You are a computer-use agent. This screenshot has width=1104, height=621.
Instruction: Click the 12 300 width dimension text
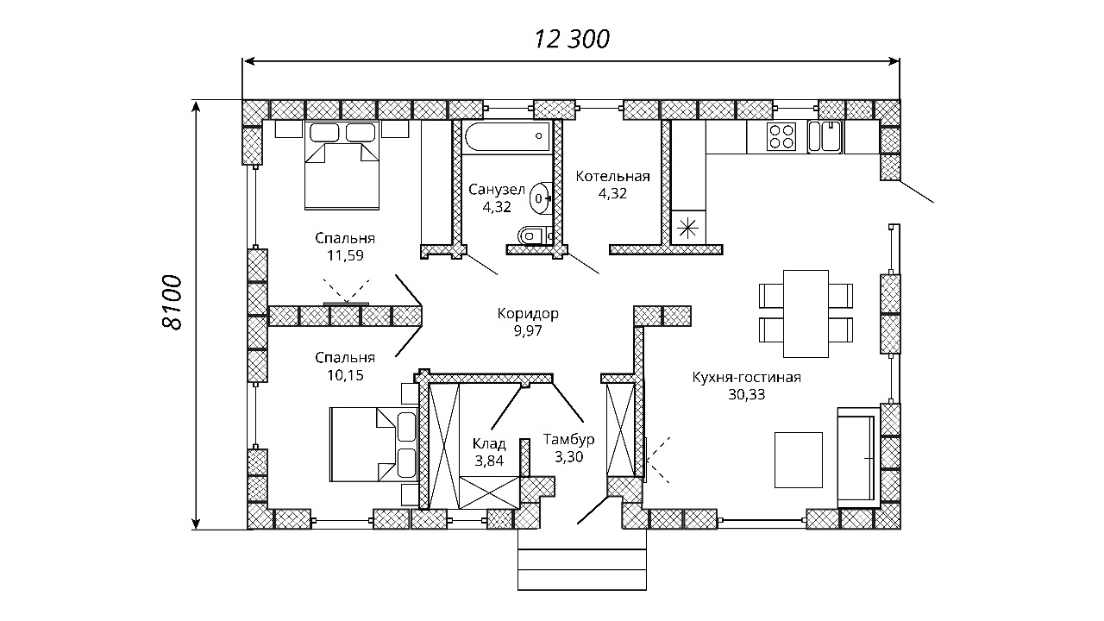click(x=572, y=40)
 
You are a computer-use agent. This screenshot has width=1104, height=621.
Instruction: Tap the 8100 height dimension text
click(x=172, y=302)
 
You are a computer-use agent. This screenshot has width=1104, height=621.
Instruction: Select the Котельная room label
click(x=612, y=176)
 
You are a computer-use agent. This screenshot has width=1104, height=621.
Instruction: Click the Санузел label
click(x=496, y=189)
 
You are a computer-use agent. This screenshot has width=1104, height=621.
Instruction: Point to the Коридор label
click(x=528, y=313)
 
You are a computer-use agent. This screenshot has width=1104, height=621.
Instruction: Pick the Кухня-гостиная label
click(x=747, y=378)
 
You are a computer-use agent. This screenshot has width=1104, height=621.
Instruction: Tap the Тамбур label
click(x=568, y=439)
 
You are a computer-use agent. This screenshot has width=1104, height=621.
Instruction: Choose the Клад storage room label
click(x=489, y=444)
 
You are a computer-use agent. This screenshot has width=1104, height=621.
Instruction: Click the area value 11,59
click(x=345, y=256)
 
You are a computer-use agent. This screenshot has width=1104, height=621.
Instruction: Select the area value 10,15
click(x=345, y=375)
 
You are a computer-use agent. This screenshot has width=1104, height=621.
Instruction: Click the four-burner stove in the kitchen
click(x=781, y=136)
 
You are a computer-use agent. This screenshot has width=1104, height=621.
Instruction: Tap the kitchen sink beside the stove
click(x=825, y=136)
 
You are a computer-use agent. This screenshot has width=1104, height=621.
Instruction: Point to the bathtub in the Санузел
click(x=507, y=137)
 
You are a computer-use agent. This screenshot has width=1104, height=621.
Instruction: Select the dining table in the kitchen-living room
click(x=806, y=313)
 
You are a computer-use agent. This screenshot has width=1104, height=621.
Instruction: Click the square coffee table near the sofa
click(x=799, y=460)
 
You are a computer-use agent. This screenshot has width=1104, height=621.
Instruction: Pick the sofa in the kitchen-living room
click(x=859, y=457)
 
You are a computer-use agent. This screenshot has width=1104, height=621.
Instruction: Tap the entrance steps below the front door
click(x=582, y=562)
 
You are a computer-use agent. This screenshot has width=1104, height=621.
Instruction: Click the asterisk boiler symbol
click(x=687, y=229)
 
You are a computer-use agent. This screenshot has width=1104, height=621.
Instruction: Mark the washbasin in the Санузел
click(x=541, y=198)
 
